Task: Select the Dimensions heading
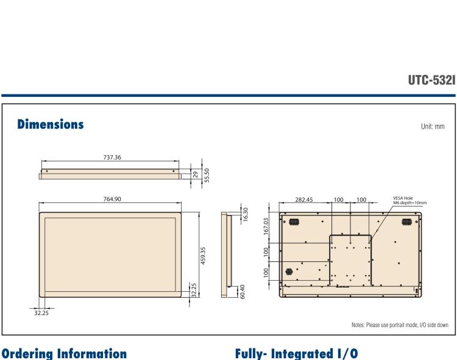tap(47, 125)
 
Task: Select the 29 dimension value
tap(194, 174)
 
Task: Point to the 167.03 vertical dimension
tap(266, 225)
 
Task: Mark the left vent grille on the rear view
tap(292, 222)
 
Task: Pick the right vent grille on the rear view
tap(406, 222)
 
